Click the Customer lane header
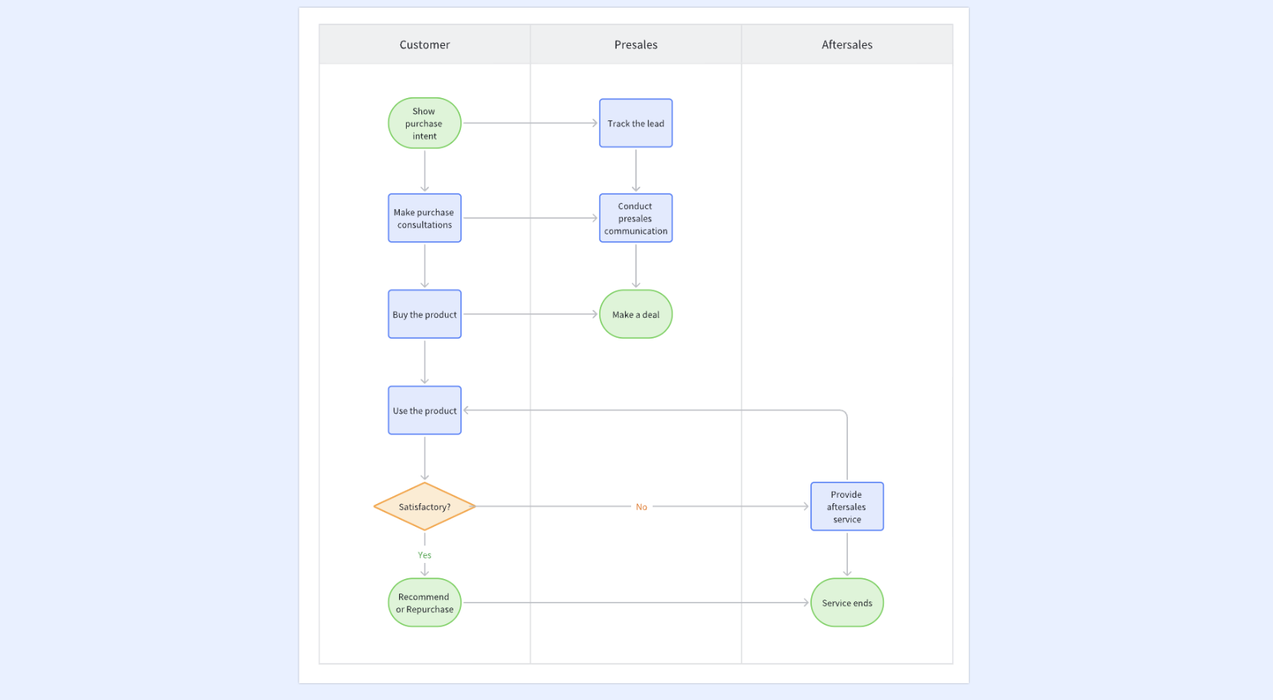point(424,44)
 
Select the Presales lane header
point(636,44)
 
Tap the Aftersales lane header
point(847,44)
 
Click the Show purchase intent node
point(424,123)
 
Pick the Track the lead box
point(636,123)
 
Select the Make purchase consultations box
point(424,218)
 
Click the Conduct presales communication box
point(636,218)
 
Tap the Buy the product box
point(424,314)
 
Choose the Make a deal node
point(636,314)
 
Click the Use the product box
point(424,411)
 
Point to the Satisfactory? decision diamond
point(424,506)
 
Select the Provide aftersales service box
point(847,506)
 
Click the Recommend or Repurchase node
point(424,603)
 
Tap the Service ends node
point(847,603)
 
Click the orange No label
point(642,507)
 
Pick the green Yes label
point(424,555)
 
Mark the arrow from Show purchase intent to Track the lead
point(530,123)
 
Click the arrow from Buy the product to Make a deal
point(530,314)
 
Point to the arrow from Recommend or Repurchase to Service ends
point(636,602)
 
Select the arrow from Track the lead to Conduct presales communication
point(636,171)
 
